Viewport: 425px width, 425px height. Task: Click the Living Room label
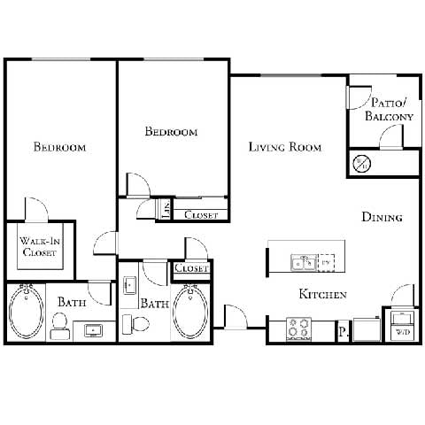[x=284, y=147]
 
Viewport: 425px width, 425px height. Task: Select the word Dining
[x=382, y=217]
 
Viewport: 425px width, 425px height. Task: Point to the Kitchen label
[x=321, y=294]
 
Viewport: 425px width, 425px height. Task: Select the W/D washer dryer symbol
[x=402, y=324]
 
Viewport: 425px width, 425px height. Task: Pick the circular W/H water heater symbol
[x=362, y=164]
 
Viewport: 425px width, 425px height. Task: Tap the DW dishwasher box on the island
[x=326, y=262]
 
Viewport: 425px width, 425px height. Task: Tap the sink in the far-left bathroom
[x=94, y=331]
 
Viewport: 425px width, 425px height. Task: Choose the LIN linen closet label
[x=166, y=209]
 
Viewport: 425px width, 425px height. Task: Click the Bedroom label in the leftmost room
[x=59, y=147]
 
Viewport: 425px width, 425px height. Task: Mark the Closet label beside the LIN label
[x=201, y=214]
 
